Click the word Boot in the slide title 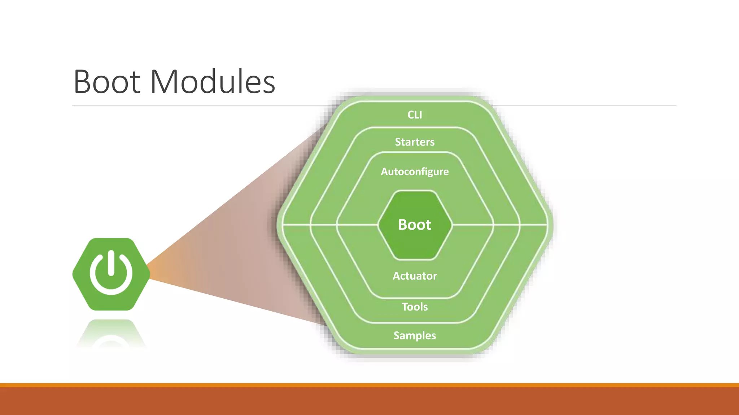107,82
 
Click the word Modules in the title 213,82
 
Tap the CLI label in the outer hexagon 415,115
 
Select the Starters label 415,142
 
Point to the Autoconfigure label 415,171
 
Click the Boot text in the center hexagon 415,224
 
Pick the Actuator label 415,276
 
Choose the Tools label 415,307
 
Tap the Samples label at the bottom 415,335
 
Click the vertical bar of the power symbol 111,263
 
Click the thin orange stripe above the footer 369,385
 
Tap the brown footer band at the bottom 369,401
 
